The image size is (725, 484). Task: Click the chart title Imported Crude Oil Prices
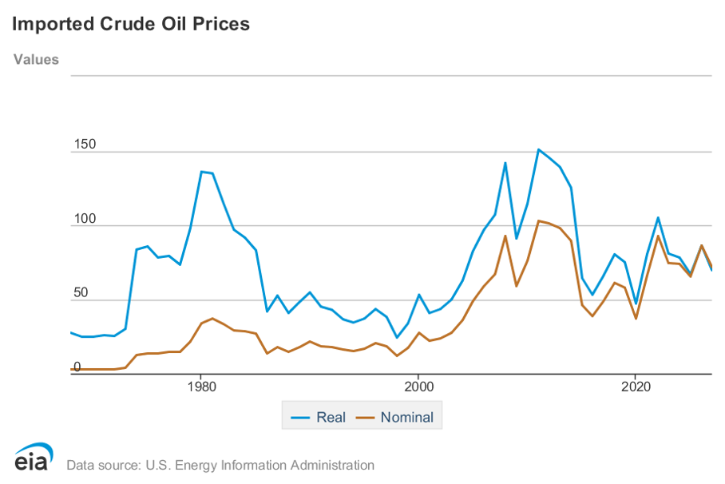pyautogui.click(x=131, y=24)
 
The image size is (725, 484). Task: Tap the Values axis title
pyautogui.click(x=36, y=59)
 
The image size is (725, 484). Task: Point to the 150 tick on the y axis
pyautogui.click(x=85, y=145)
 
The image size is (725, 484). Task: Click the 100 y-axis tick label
pyautogui.click(x=85, y=219)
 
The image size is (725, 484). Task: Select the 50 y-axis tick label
pyautogui.click(x=81, y=293)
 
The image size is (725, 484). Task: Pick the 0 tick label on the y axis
pyautogui.click(x=77, y=367)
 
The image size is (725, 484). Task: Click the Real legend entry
pyautogui.click(x=319, y=417)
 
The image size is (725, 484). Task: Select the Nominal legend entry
pyautogui.click(x=395, y=417)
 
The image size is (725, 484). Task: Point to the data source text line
pyautogui.click(x=220, y=465)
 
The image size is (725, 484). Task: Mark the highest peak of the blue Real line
pyautogui.click(x=538, y=149)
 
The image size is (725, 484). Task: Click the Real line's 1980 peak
pyautogui.click(x=201, y=171)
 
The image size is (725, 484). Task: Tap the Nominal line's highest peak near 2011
pyautogui.click(x=538, y=220)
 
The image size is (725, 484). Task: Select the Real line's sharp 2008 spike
pyautogui.click(x=505, y=163)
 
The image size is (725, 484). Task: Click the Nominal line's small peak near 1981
pyautogui.click(x=212, y=318)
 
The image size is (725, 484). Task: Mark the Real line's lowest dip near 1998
pyautogui.click(x=396, y=338)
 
